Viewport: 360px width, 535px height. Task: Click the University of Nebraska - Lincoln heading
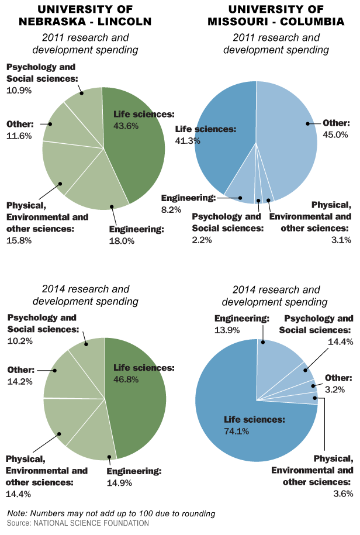(86, 16)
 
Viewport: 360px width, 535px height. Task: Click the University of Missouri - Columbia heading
(277, 16)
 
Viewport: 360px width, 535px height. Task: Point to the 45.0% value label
(335, 134)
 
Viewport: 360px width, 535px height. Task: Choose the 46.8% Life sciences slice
(140, 409)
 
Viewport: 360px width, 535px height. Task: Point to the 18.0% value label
(122, 240)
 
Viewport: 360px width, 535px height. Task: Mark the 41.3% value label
(188, 140)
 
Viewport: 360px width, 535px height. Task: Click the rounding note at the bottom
(111, 513)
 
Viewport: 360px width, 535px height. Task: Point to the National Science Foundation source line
(78, 523)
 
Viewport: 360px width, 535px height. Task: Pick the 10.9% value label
(19, 91)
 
